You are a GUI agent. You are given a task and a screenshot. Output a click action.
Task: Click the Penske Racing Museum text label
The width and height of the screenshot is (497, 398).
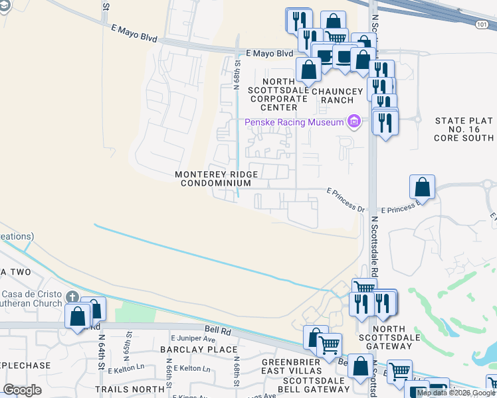click(294, 121)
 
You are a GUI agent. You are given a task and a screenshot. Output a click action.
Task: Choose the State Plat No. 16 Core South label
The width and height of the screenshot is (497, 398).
click(464, 129)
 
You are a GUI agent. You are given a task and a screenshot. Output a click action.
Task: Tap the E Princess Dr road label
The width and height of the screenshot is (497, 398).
click(347, 191)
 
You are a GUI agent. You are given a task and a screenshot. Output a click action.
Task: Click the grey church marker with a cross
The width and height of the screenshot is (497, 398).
click(74, 297)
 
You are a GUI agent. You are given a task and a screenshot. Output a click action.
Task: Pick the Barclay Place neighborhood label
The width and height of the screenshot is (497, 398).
click(199, 349)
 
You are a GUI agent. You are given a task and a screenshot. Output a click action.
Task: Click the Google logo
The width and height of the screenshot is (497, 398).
click(22, 390)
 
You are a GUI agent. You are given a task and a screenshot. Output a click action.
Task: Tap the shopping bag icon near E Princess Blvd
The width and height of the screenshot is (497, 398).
click(422, 188)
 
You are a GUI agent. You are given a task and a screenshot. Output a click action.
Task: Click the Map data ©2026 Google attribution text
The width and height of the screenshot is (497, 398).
click(456, 393)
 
